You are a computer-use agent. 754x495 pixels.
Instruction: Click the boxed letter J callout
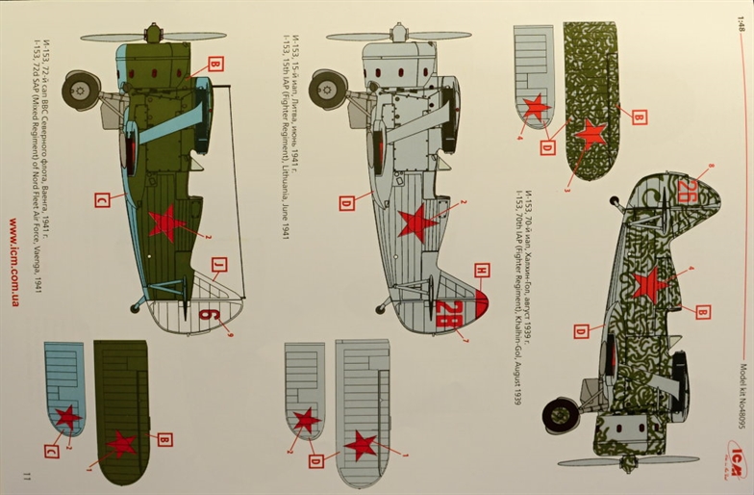pos(218,264)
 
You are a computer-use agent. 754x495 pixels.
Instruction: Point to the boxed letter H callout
pos(482,271)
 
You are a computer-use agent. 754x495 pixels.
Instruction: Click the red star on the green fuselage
pos(166,223)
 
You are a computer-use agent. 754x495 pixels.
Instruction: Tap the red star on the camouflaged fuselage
pos(650,284)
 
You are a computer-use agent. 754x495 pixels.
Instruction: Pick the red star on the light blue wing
pos(67,417)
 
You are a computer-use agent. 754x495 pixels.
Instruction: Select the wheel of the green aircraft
pos(81,91)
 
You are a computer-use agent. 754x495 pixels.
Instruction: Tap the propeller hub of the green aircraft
pos(153,36)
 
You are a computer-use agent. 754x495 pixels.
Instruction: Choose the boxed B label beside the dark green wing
pos(164,439)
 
